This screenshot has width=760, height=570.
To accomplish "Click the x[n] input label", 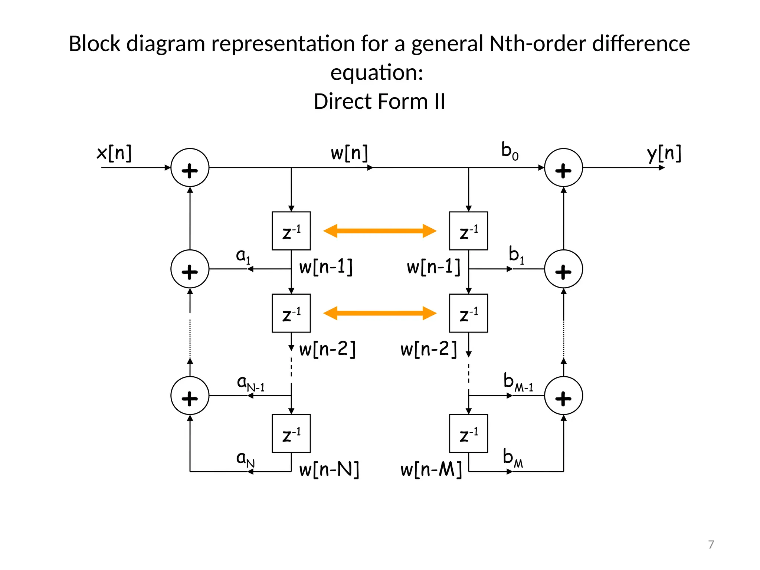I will [114, 153].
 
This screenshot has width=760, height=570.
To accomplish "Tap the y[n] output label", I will [664, 153].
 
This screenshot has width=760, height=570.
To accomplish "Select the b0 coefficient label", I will [510, 151].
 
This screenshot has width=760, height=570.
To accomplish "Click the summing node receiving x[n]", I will [190, 168].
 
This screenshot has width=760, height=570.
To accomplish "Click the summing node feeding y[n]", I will [563, 168].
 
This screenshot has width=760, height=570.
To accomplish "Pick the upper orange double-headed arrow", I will [380, 231].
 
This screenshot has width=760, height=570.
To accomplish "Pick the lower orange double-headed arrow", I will [380, 313].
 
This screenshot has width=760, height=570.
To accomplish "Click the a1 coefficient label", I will [243, 256].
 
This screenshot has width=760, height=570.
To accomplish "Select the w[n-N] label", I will [329, 469].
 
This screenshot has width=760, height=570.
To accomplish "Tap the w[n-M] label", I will [431, 469].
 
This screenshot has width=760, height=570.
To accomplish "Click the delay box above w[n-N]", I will [291, 433].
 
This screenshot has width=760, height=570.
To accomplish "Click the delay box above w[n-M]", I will [468, 433].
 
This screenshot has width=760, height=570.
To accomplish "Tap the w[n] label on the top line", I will [349, 153].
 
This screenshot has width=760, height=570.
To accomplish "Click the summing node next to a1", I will [190, 269].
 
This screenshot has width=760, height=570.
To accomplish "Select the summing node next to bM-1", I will [563, 396].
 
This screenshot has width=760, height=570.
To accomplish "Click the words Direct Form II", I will [379, 101].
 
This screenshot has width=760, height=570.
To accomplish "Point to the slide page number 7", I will [711, 544].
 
